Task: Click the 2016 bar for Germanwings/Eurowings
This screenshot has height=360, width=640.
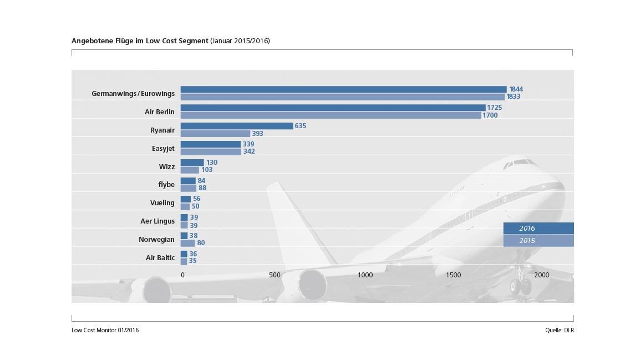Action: coord(343,89)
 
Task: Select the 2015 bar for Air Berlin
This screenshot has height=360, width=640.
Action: coord(331,115)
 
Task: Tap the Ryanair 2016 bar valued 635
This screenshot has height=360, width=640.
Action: coord(237,126)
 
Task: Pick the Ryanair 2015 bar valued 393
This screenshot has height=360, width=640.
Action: coord(215,134)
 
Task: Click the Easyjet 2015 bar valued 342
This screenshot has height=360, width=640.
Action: coord(211,151)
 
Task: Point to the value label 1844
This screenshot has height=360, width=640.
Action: coord(516,89)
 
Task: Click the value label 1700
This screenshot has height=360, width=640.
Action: coord(490,115)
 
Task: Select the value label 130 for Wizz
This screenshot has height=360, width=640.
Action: coord(211,163)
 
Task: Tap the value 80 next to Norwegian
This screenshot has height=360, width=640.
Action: coord(201,243)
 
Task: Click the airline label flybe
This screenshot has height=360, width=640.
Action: coord(166,185)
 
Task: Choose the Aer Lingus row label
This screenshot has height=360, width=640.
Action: coord(157,221)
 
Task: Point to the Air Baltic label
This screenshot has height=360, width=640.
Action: coord(160,258)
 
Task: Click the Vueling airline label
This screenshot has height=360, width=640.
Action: coord(162,203)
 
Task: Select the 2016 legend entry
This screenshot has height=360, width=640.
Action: coord(538,229)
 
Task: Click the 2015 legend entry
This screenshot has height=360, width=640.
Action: coord(538,241)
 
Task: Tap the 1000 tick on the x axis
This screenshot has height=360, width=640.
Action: coord(365,275)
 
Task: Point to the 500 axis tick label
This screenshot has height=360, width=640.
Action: coord(275,275)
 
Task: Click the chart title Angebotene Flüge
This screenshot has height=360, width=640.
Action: coord(140,41)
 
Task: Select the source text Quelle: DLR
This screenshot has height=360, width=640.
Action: coord(559,330)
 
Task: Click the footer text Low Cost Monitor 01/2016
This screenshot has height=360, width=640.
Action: coord(105,330)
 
